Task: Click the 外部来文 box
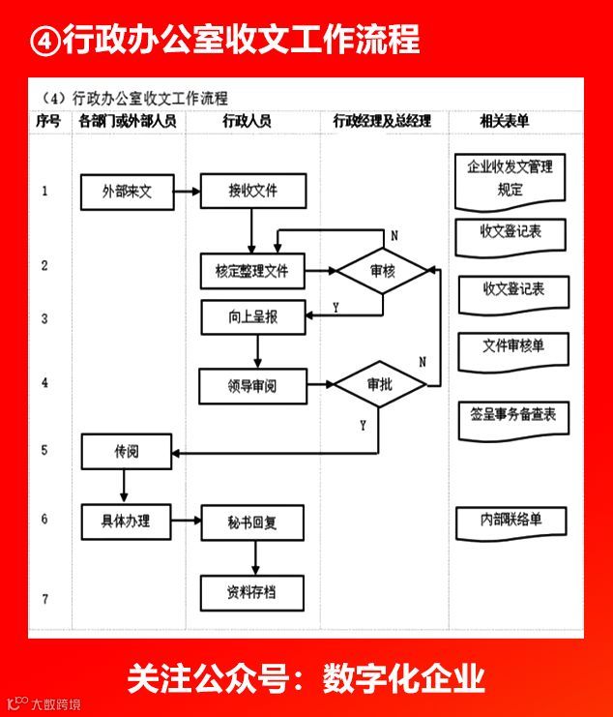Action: point(127,192)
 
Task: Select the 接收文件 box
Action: point(252,191)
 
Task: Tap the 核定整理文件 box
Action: point(252,271)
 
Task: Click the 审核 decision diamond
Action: point(382,272)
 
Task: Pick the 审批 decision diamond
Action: point(380,385)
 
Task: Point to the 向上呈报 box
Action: point(252,316)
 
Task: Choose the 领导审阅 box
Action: point(252,386)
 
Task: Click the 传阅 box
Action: point(127,451)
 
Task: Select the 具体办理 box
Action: point(127,520)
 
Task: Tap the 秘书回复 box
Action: point(252,523)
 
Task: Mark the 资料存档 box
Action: point(252,591)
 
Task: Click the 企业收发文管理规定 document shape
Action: point(510,178)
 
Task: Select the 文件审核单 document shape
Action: point(512,345)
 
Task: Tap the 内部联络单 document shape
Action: point(511,520)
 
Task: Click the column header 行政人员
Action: point(247,122)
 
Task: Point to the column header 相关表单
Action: point(504,122)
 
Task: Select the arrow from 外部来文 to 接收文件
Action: point(188,192)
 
